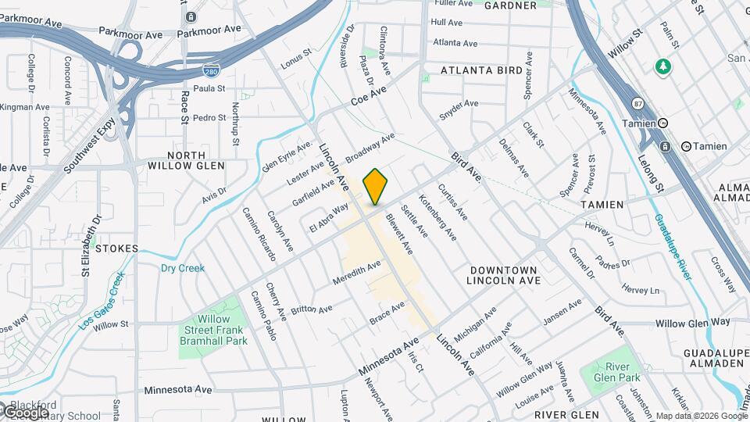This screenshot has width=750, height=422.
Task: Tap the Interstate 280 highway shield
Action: coord(209,71)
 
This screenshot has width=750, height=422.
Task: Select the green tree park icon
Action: coord(663,66)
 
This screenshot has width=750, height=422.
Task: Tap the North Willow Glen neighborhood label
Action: coord(185,160)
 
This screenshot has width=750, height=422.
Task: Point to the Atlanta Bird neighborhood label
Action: coord(481,70)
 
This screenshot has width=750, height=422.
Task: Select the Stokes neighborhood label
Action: coord(118,249)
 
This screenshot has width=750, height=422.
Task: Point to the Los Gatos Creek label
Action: coord(103,299)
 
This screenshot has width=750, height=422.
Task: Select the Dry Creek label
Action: coord(182,268)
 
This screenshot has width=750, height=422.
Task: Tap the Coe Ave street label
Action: coord(369,96)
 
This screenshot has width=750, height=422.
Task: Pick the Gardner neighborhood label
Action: coord(510,5)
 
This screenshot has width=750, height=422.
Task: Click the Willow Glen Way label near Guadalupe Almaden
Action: coord(692,322)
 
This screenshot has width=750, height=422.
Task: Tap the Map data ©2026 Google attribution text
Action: coord(701,416)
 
